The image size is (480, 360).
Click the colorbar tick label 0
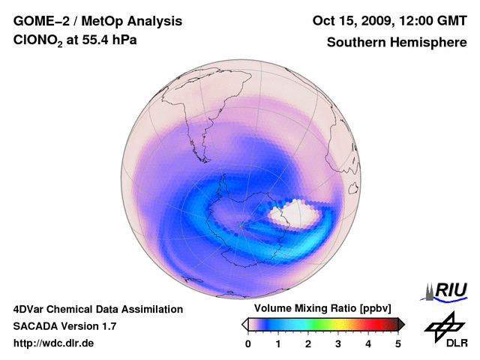248,343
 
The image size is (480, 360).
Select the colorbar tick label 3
338,343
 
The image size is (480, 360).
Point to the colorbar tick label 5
398,343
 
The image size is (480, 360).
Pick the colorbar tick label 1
278,343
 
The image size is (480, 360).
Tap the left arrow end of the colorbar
244,324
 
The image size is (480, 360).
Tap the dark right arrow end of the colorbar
401,324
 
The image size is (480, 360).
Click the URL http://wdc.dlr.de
54,343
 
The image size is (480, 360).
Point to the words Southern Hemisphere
397,43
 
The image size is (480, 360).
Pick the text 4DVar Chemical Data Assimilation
98,309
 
